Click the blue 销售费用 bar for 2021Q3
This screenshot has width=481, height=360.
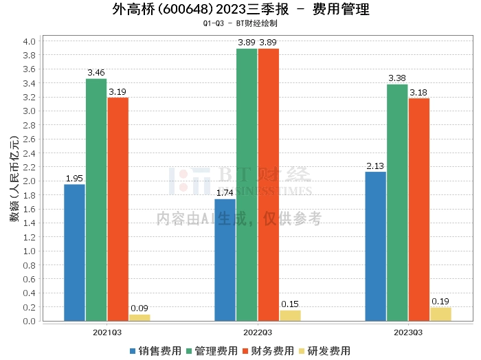coord(74,252)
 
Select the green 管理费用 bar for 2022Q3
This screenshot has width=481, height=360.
coord(247,185)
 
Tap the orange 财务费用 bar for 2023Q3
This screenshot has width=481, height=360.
coord(418,210)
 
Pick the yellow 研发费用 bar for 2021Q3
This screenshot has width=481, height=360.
coord(139,317)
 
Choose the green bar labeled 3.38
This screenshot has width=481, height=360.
coord(397,203)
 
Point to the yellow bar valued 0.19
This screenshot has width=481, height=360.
coord(440,314)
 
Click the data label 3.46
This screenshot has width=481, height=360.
coord(96,72)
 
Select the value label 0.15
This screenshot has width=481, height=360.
coord(290,304)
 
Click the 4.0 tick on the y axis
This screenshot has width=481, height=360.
coord(29,41)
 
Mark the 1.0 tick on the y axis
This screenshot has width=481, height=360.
coord(29,251)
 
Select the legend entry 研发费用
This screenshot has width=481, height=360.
coord(325,350)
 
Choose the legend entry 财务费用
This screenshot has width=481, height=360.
coord(269,350)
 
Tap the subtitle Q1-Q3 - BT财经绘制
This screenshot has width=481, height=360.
coord(240,23)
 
